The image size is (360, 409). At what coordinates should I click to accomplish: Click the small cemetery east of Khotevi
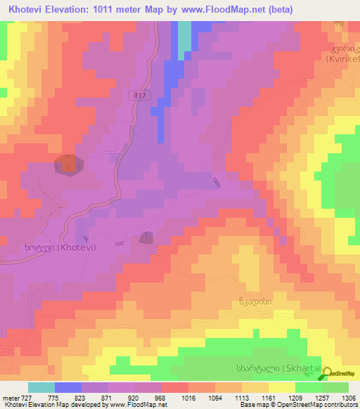coord(147,239)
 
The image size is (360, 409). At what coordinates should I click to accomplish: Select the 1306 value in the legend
coord(349,398)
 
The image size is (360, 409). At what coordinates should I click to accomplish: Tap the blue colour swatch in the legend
coord(68,388)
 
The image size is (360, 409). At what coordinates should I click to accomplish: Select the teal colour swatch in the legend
coord(41,388)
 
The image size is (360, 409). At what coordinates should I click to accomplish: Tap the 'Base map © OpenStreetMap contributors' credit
coord(297,405)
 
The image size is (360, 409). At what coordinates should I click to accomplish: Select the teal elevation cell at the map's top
coord(184,39)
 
